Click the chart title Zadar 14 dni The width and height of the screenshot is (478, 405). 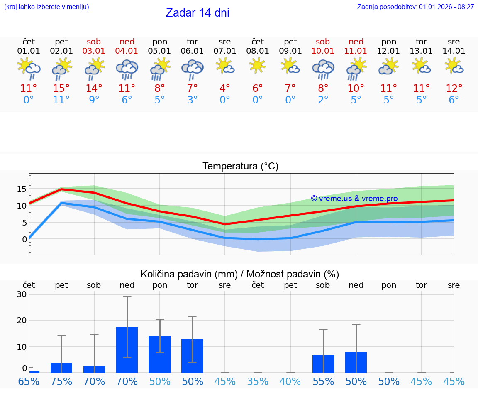click(x=198, y=13)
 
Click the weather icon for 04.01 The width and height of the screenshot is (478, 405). click(x=127, y=69)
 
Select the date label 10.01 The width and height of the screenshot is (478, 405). click(x=323, y=51)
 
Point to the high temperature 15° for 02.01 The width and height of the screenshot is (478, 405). click(x=61, y=88)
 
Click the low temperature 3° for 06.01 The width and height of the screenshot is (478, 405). click(x=192, y=100)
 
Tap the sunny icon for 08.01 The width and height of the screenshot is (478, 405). click(x=257, y=66)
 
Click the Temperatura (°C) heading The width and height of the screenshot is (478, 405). click(x=240, y=167)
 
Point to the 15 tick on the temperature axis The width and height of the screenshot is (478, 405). click(x=22, y=189)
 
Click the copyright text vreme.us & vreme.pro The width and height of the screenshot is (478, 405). click(x=354, y=199)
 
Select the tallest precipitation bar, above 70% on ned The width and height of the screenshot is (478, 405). click(x=127, y=349)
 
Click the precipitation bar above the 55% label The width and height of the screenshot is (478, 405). click(x=323, y=363)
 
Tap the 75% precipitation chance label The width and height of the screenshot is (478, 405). click(x=61, y=381)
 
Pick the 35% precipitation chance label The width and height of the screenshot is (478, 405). click(x=258, y=381)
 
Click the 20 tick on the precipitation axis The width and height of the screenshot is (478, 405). click(x=22, y=320)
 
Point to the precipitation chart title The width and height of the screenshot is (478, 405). click(x=240, y=274)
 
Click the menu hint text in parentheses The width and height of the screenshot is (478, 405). click(x=46, y=7)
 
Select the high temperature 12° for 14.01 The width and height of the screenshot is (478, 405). click(x=454, y=88)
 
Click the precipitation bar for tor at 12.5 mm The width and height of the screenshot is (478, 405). click(x=192, y=356)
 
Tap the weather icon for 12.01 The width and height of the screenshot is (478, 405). click(x=388, y=66)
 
